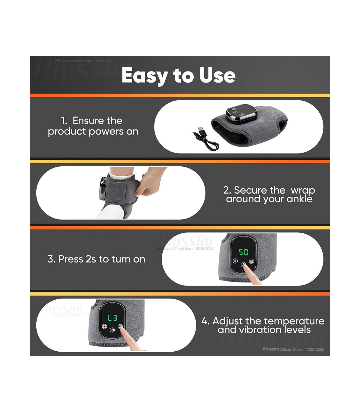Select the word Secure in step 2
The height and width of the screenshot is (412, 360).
pos(250,190)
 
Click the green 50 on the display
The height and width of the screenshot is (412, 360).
pos(243,252)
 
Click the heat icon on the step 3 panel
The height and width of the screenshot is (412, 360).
pos(251,261)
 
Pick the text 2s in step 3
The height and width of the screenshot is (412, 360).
pos(91,259)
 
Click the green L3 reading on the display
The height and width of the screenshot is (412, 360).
pos(112,318)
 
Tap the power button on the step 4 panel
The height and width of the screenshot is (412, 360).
pos(112,330)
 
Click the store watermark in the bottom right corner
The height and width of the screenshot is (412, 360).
pos(293,349)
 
